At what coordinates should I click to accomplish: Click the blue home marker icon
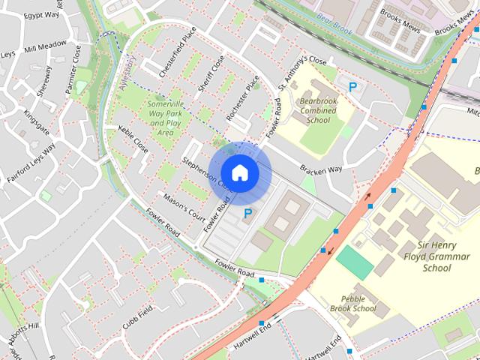(x=239, y=172)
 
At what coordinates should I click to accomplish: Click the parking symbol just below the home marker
(x=247, y=215)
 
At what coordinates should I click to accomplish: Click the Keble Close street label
(x=133, y=139)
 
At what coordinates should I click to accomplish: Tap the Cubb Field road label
(x=137, y=317)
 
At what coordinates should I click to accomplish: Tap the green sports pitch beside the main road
(x=353, y=262)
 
